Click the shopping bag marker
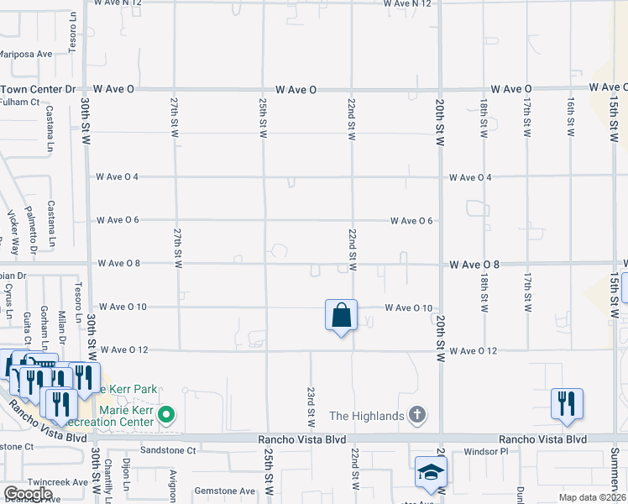click(341, 317)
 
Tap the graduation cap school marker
click(431, 474)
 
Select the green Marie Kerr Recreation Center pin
click(167, 413)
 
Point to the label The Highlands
click(368, 415)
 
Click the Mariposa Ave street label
click(25, 54)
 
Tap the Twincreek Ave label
click(57, 483)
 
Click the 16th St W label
click(569, 118)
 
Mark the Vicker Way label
click(13, 227)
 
